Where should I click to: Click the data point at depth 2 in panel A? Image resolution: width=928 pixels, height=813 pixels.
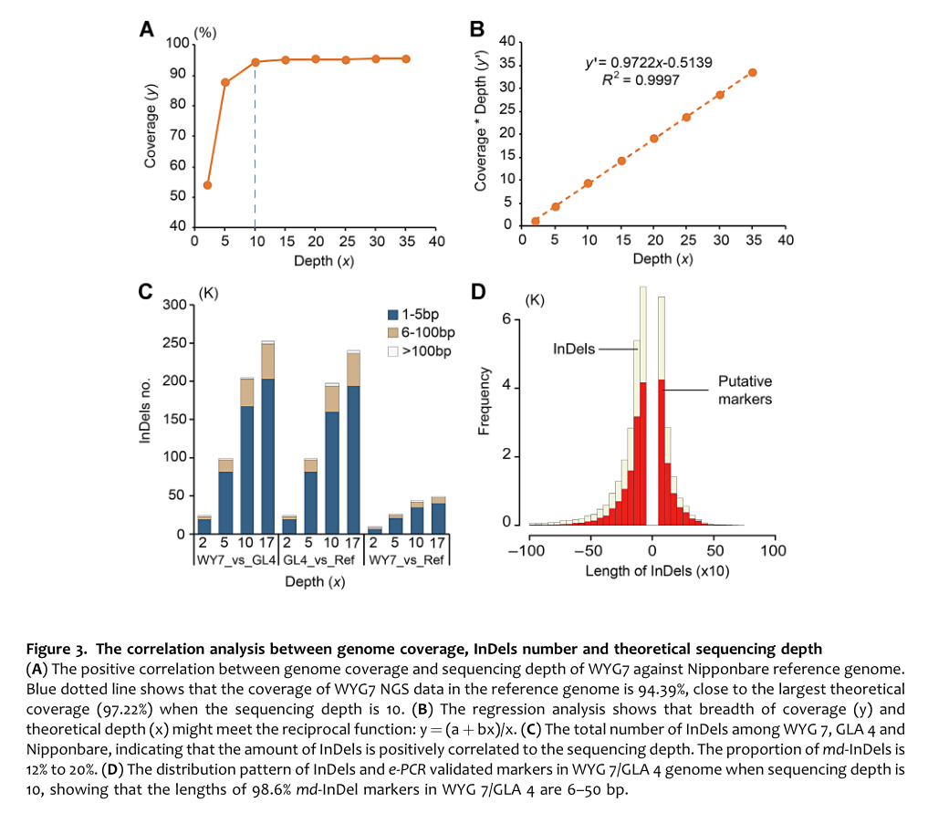(x=207, y=185)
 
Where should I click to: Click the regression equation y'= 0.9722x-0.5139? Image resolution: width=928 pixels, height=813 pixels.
(x=649, y=63)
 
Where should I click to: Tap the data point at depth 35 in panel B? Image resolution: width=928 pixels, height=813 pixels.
(x=753, y=72)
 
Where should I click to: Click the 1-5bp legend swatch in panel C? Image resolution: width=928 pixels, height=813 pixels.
(x=393, y=315)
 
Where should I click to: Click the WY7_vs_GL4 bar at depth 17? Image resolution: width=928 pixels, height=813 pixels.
(x=267, y=438)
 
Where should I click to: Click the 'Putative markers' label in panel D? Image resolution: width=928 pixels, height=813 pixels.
(x=745, y=391)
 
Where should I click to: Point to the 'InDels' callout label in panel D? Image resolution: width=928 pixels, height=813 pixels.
(x=573, y=349)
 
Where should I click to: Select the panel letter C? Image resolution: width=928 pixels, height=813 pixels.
(x=144, y=294)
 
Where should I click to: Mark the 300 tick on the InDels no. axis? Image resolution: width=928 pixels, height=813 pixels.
(x=173, y=305)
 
